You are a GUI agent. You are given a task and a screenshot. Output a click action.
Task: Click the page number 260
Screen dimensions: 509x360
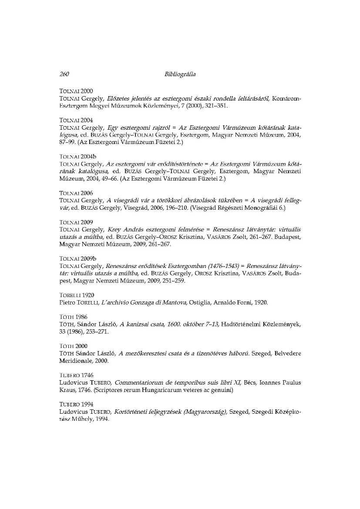pos(64,74)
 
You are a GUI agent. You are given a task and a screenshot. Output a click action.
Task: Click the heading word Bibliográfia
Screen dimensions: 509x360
pos(180,74)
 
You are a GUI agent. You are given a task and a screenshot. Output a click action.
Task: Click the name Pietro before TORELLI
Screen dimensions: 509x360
pos(67,302)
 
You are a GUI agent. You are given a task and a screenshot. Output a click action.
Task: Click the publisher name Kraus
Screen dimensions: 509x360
pos(67,390)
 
